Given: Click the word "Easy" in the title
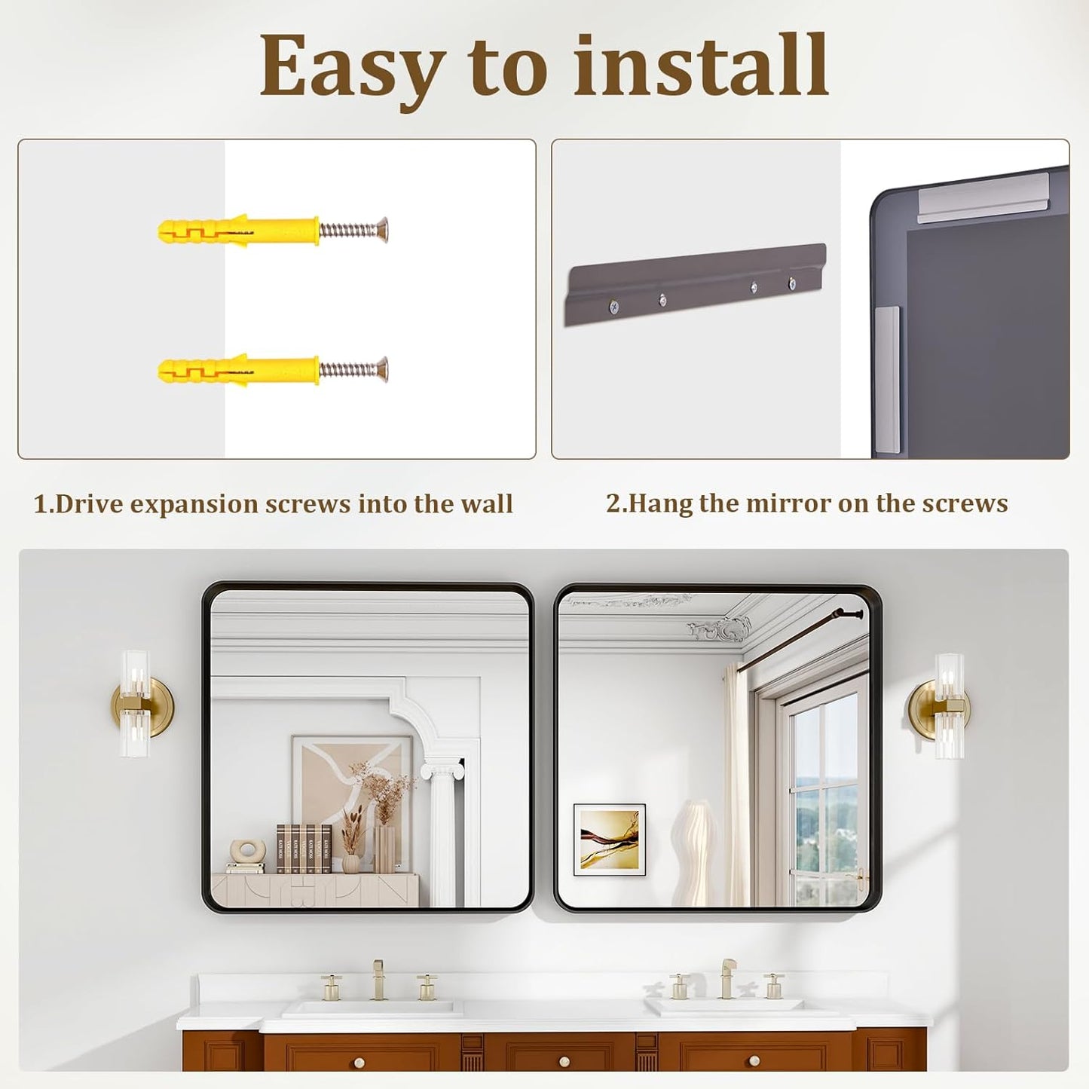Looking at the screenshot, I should (350, 68).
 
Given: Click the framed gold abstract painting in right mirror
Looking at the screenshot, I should (610, 840).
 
